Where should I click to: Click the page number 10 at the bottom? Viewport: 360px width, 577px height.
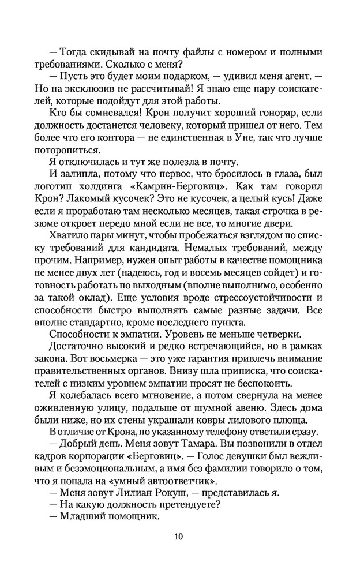click(179, 537)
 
